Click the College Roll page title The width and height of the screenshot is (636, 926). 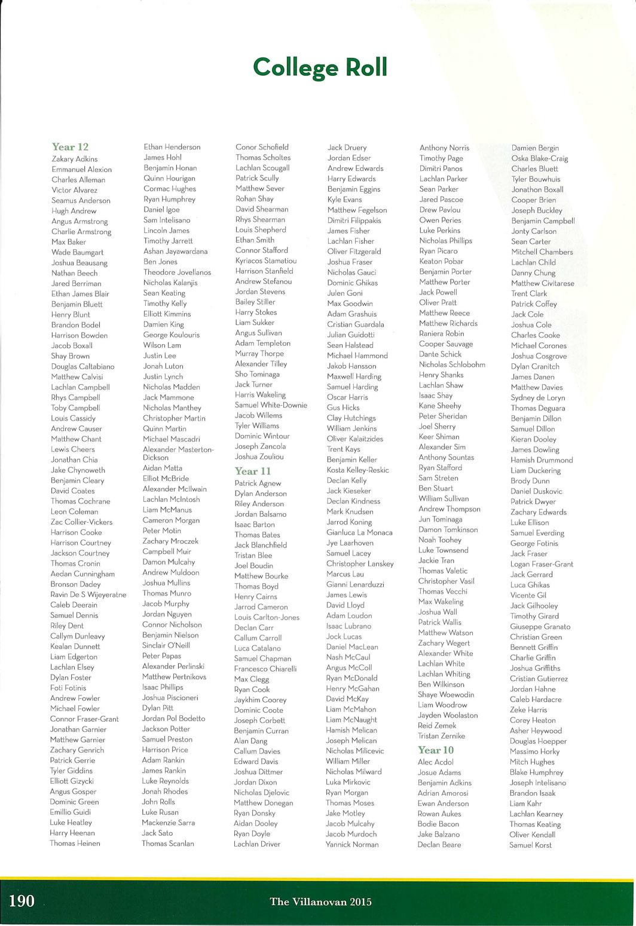[x=320, y=67]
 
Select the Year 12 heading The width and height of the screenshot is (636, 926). [x=70, y=147]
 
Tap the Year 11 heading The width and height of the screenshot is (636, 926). [x=253, y=471]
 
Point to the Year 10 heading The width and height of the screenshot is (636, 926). [x=436, y=750]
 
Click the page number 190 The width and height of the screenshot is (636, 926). [x=22, y=901]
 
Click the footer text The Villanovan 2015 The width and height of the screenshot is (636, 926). [x=320, y=902]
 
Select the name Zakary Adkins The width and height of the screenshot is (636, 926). [x=75, y=159]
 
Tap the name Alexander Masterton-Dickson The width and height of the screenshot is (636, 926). [x=178, y=453]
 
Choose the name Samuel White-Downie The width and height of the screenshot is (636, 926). [x=271, y=405]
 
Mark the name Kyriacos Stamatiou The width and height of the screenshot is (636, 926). [x=266, y=260]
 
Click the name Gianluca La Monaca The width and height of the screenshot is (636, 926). [x=359, y=532]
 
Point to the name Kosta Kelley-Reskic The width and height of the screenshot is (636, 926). [x=357, y=470]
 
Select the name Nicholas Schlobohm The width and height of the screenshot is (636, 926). [x=452, y=364]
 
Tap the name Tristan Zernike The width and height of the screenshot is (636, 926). [x=441, y=736]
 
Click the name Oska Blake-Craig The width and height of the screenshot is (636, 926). [x=540, y=158]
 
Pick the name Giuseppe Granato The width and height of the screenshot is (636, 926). [x=540, y=627]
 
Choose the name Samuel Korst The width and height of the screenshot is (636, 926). [x=531, y=845]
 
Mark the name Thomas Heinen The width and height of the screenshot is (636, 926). [x=75, y=844]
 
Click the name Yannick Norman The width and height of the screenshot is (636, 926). [x=352, y=845]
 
